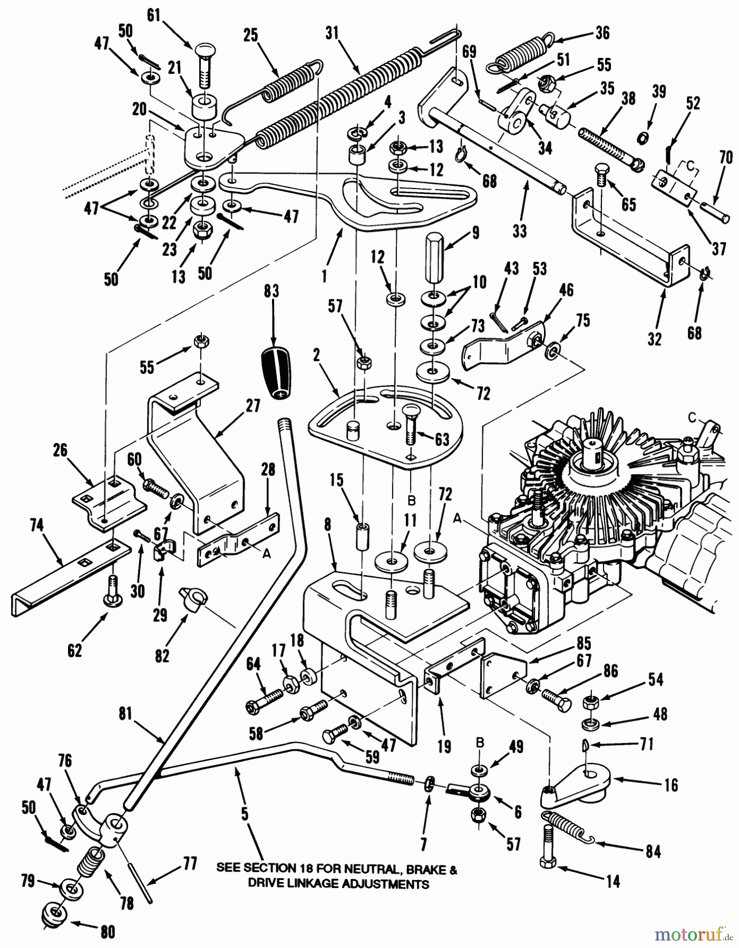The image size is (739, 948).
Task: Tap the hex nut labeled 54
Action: click(589, 703)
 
